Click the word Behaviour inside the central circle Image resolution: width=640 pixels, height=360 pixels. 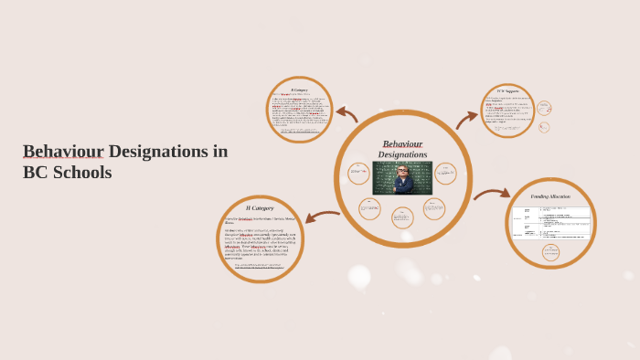coord(402,143)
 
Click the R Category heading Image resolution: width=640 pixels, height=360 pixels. coord(299,90)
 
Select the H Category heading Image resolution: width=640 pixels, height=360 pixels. coord(260,208)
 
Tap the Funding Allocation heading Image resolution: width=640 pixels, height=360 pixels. coord(550,196)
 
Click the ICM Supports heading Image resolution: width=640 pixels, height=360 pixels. coord(507,91)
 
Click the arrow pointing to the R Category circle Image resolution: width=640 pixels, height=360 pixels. coord(346,114)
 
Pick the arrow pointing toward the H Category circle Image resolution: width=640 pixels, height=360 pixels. coord(321,217)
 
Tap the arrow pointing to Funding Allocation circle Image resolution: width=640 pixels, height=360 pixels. coord(491,193)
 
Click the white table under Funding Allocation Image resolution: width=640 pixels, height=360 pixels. coord(550,222)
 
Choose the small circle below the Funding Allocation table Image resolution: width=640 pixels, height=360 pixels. coord(550,252)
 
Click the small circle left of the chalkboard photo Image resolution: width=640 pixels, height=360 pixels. coord(358,173)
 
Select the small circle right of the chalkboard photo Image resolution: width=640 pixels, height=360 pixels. coord(445,173)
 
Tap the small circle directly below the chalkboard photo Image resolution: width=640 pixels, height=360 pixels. coord(402,217)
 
